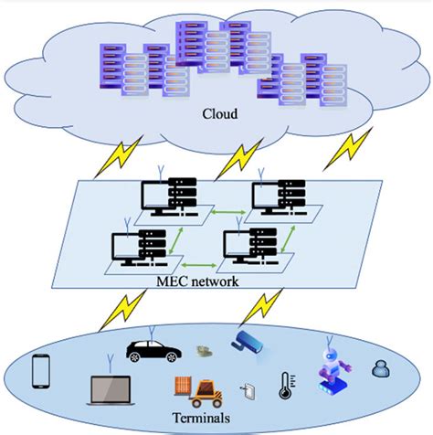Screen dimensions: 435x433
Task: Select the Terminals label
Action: click(206, 419)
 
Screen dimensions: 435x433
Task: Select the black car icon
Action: click(152, 349)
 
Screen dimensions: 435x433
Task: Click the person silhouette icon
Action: click(378, 367)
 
